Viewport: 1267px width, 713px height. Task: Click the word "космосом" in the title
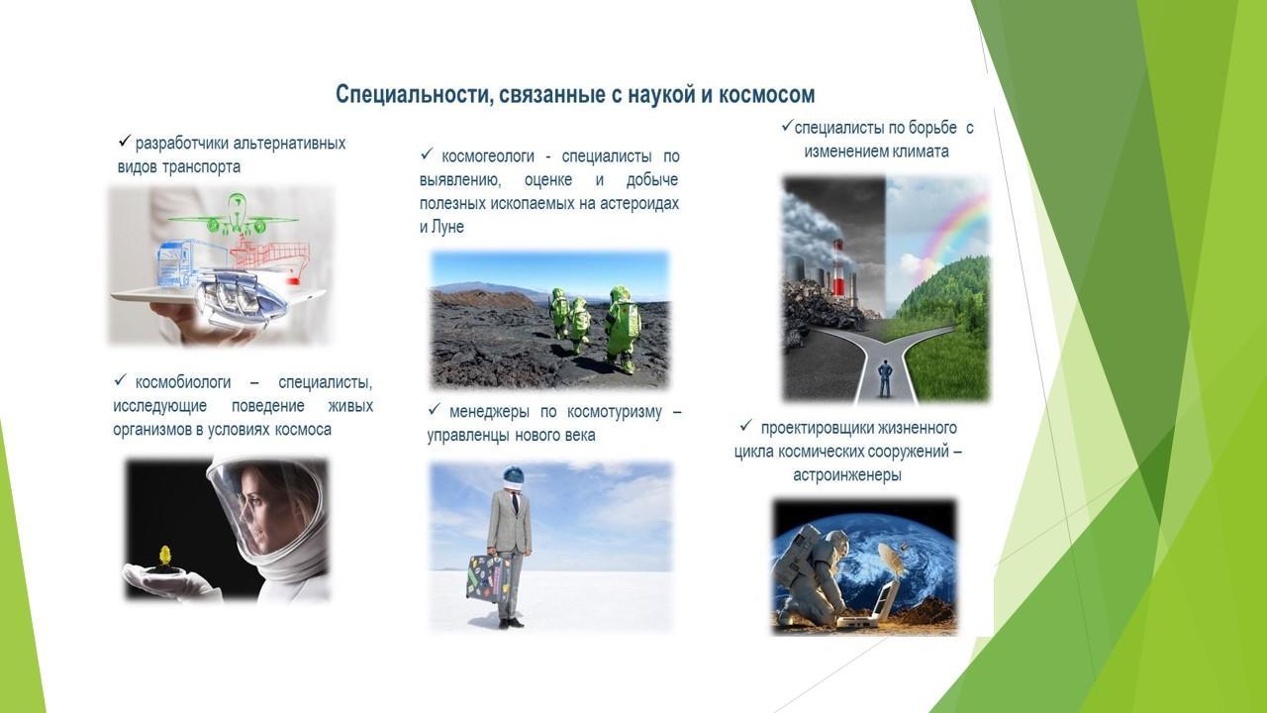click(766, 95)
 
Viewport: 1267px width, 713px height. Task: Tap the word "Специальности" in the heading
click(407, 95)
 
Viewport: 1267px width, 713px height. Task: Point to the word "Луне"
click(447, 227)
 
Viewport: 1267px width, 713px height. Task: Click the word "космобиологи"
click(183, 382)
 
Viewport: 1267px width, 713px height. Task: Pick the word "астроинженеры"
click(846, 475)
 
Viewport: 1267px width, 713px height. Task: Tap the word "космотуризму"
click(615, 412)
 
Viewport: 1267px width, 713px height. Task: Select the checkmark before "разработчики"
click(125, 141)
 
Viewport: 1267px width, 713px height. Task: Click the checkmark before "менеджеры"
click(434, 409)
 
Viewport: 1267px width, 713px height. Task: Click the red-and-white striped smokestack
click(837, 267)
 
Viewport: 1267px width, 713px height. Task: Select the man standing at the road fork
click(885, 378)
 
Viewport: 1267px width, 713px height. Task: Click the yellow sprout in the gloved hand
click(165, 556)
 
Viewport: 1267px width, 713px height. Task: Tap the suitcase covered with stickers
click(485, 578)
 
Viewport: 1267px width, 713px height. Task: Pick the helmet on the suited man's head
click(514, 475)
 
